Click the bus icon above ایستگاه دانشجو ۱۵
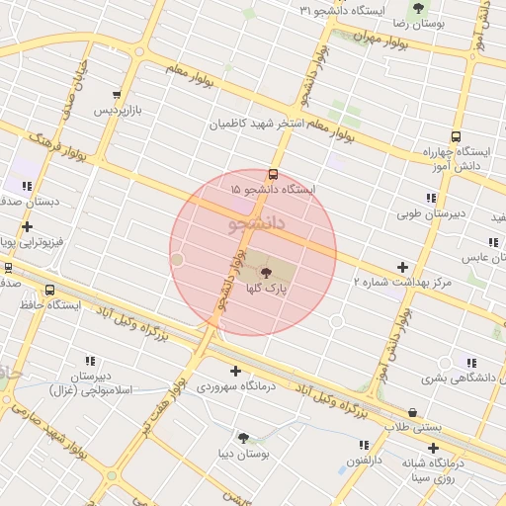(x=273, y=174)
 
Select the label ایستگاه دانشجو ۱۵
(x=272, y=189)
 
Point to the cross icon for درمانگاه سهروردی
(x=234, y=371)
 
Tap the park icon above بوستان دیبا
(x=243, y=438)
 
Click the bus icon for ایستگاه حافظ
(x=50, y=290)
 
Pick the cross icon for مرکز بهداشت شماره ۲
(x=402, y=267)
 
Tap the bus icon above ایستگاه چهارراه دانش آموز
(x=455, y=136)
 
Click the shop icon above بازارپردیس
(x=118, y=96)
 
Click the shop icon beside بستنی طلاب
(x=412, y=412)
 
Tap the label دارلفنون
(x=366, y=461)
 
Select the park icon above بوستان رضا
(x=419, y=8)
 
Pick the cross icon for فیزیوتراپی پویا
(x=27, y=227)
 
